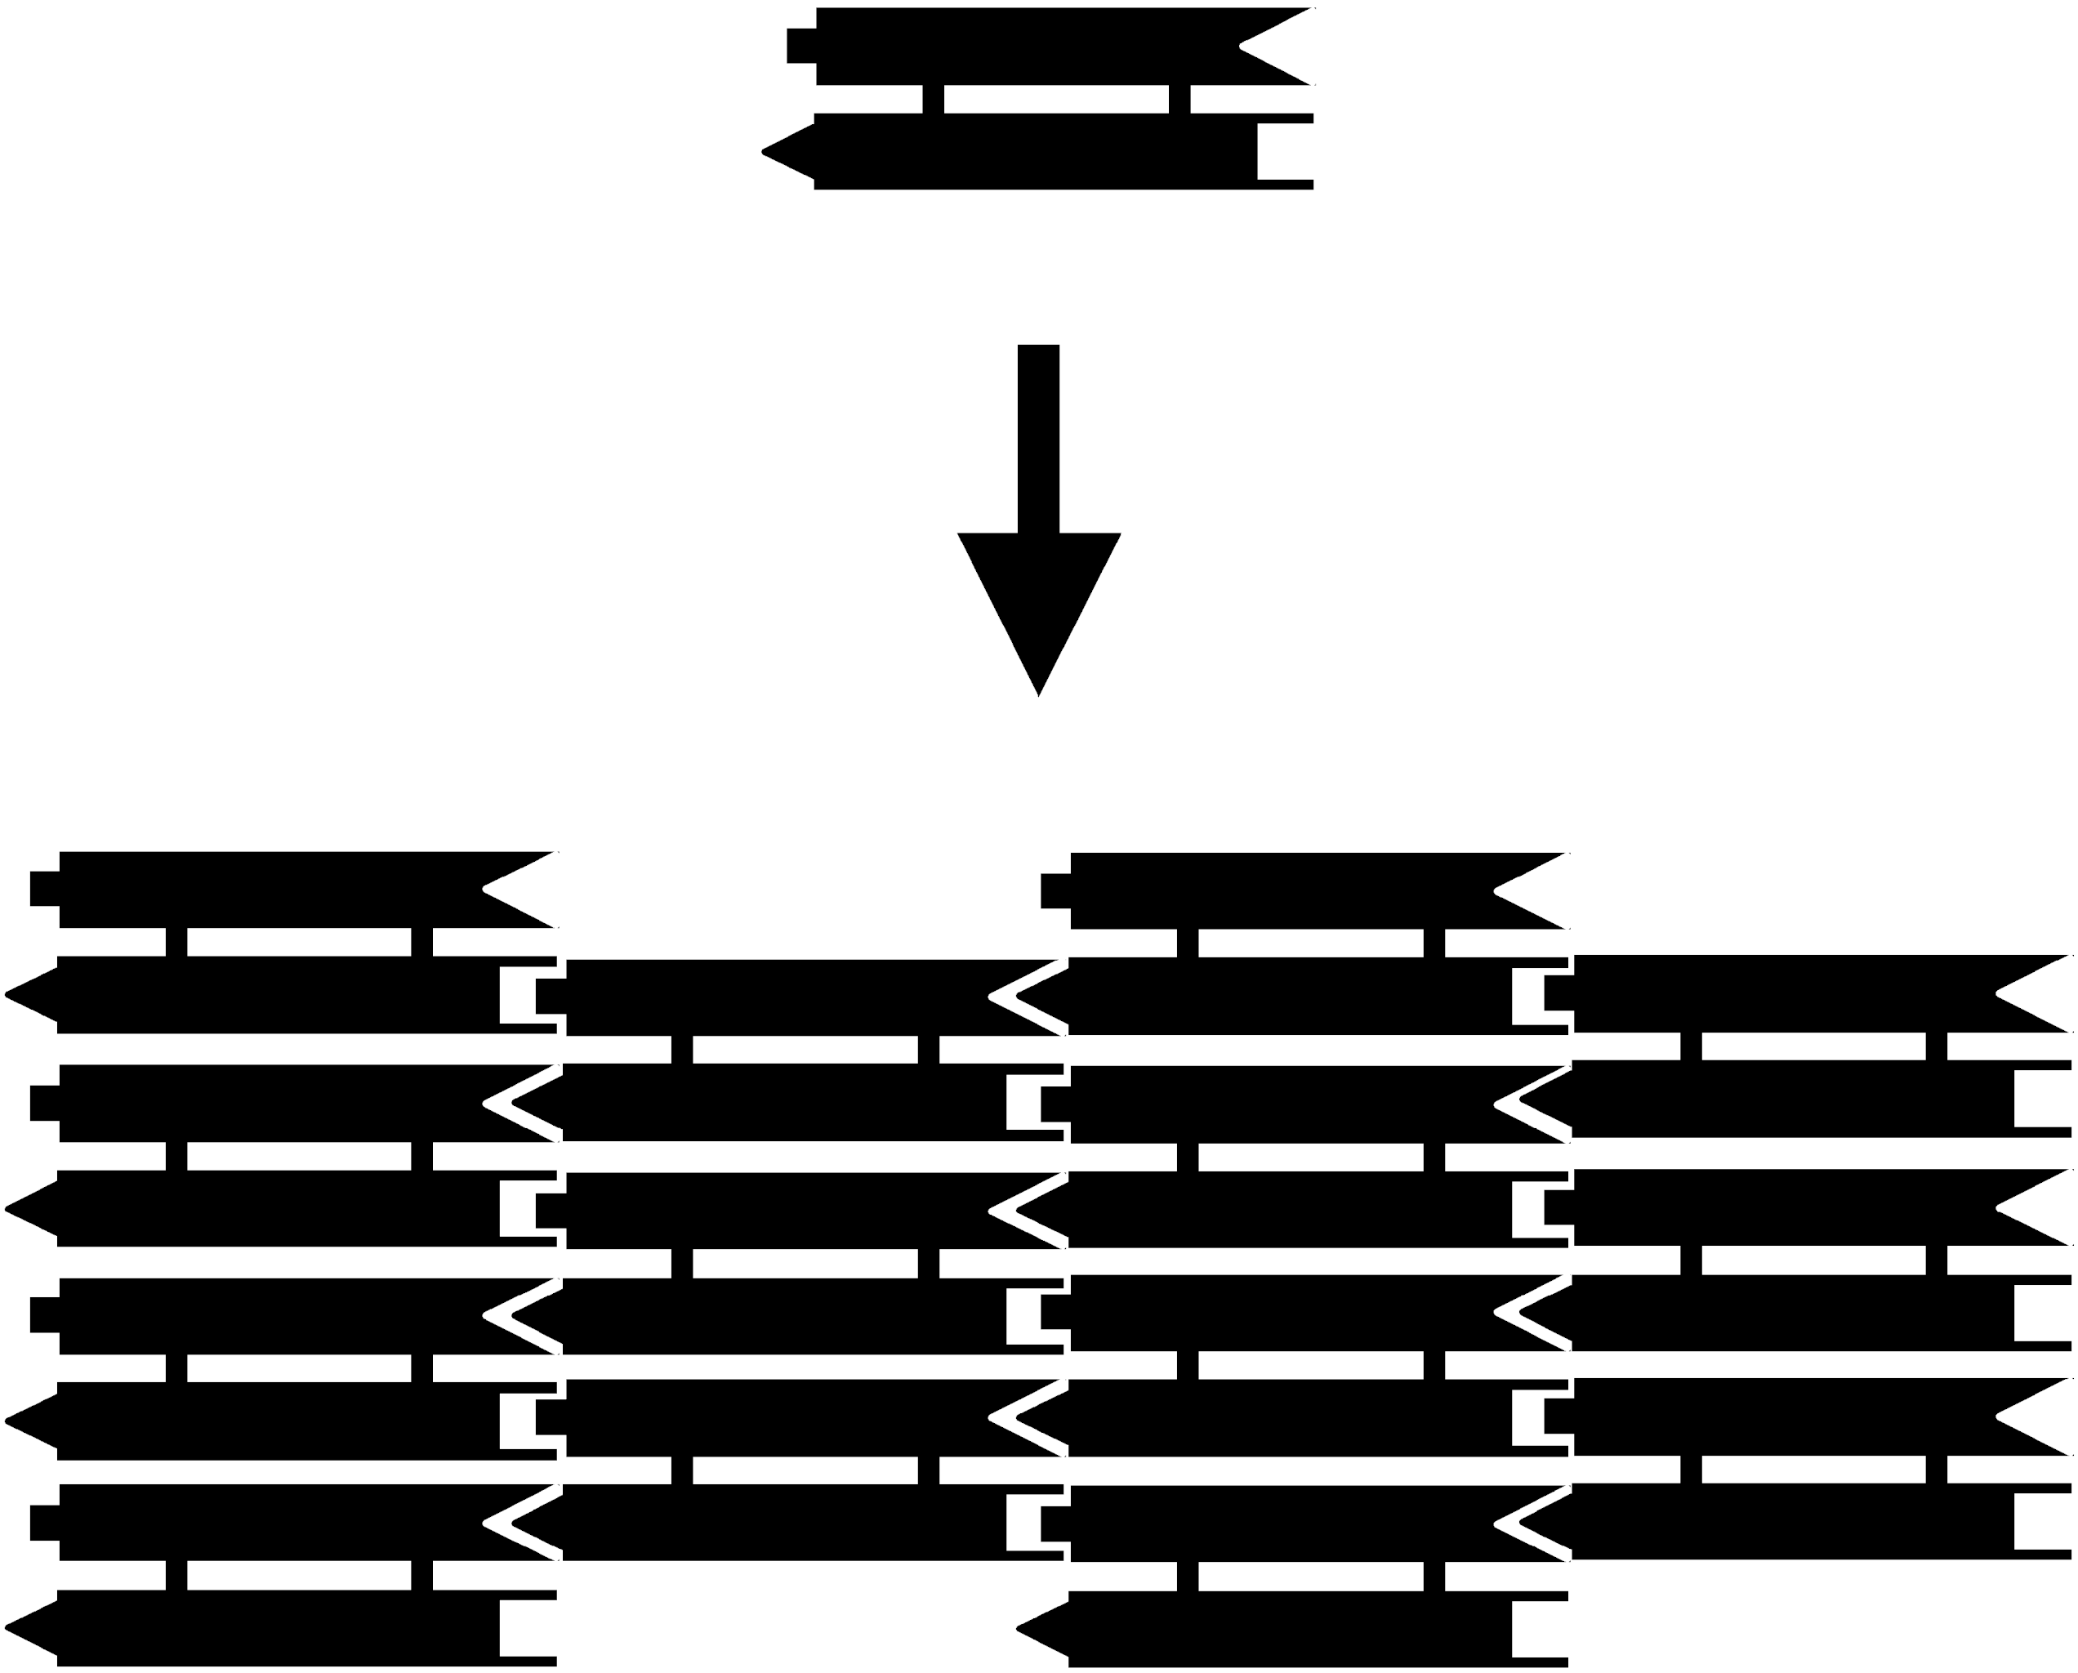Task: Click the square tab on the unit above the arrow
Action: (802, 47)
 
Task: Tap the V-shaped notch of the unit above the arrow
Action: (1277, 47)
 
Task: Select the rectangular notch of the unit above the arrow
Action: (1285, 151)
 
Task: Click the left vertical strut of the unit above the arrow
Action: (933, 100)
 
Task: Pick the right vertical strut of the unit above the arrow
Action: (1179, 100)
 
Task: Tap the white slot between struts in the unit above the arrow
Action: (1056, 100)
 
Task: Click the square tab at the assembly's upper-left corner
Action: (45, 889)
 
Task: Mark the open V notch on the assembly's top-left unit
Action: (520, 890)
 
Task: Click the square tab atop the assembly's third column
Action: (1056, 891)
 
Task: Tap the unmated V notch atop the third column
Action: (1532, 891)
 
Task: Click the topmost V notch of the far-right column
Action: (2034, 993)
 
